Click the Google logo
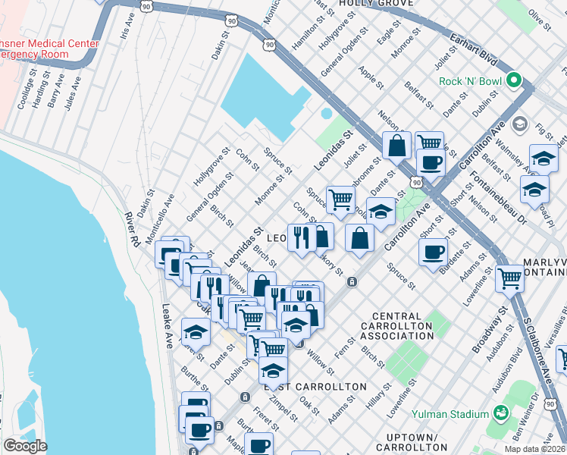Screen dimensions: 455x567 [24, 446]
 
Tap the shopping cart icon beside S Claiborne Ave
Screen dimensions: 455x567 [509, 278]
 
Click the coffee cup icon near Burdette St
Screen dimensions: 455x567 [433, 253]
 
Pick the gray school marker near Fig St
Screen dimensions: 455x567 [520, 123]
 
